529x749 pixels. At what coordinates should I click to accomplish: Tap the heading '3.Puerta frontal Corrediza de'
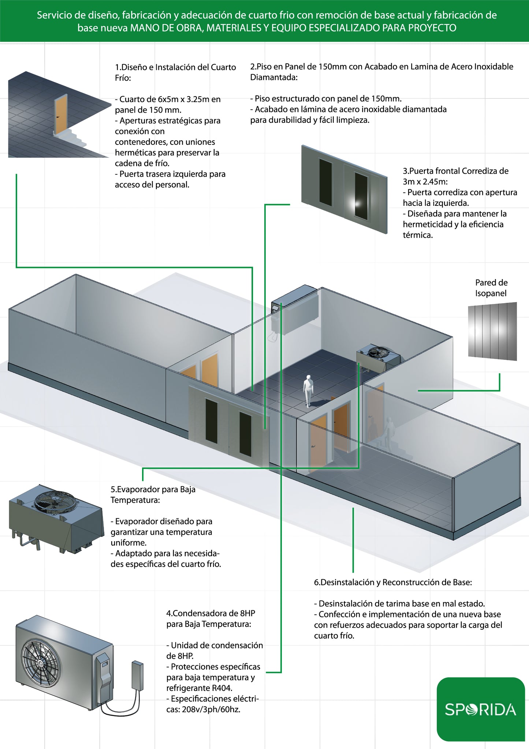point(455,171)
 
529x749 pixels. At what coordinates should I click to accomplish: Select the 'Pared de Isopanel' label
point(491,288)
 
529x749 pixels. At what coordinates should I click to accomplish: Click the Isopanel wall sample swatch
point(492,331)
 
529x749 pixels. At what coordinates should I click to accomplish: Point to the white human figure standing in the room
point(308,391)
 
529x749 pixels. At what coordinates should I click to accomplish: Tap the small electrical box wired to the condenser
point(137,675)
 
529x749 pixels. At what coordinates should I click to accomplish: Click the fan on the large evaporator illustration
point(55,501)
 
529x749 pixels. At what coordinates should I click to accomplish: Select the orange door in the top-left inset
point(60,114)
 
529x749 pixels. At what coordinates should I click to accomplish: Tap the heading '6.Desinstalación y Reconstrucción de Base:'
point(393,583)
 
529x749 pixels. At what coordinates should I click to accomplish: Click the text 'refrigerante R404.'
point(199,688)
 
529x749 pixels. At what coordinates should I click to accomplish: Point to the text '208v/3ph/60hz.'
point(211,710)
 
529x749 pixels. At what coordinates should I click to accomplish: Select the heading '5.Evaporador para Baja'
point(153,489)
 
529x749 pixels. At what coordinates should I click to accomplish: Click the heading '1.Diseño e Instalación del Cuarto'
point(175,67)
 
